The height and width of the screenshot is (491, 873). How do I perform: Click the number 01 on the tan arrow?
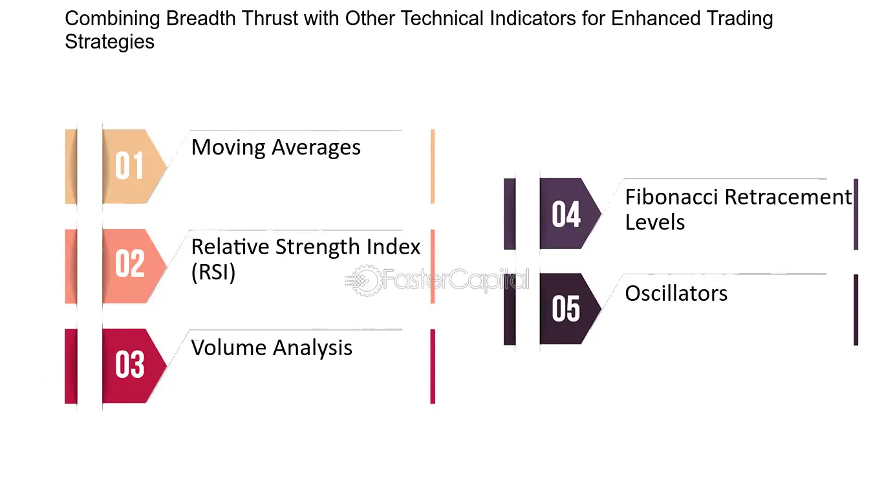click(x=129, y=166)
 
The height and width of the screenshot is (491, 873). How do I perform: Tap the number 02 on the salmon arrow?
click(x=129, y=264)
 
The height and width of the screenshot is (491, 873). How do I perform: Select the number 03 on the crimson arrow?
click(x=130, y=364)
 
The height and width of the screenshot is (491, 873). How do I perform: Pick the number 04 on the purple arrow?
click(x=566, y=214)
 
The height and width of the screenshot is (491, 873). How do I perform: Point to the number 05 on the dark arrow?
click(x=566, y=309)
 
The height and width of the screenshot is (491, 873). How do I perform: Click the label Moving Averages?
click(x=276, y=147)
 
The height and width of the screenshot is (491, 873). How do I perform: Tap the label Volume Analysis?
click(x=272, y=347)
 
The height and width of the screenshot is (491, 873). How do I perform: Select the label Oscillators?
click(x=676, y=293)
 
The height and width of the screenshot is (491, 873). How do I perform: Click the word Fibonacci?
click(x=671, y=197)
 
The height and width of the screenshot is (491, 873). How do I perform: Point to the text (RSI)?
click(x=213, y=272)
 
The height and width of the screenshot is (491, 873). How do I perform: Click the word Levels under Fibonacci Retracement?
click(x=654, y=223)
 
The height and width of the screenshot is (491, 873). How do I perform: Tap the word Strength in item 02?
click(x=318, y=247)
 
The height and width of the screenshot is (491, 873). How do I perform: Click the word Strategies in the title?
click(x=109, y=42)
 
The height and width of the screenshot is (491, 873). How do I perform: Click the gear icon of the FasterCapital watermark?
click(x=365, y=280)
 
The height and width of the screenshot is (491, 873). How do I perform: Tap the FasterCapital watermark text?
click(x=456, y=279)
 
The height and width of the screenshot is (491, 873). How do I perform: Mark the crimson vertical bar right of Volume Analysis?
click(x=433, y=367)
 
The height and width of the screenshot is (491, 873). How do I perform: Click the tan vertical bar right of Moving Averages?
click(x=433, y=166)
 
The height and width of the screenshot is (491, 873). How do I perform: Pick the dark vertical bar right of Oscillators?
click(x=856, y=310)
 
